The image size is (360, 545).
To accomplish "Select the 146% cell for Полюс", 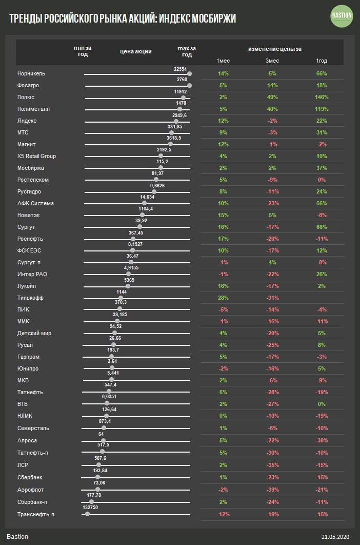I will [x=322, y=98].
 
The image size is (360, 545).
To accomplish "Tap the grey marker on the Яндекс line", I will [x=176, y=122].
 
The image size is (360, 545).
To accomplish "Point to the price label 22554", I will [x=181, y=69].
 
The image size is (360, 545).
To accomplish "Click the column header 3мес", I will [x=272, y=61].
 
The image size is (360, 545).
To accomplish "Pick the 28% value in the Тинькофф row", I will [x=223, y=298].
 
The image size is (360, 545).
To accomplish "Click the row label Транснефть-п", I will [x=35, y=514].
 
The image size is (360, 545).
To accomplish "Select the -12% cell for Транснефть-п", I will [x=223, y=514].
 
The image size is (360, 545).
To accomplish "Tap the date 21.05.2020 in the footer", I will [x=335, y=537].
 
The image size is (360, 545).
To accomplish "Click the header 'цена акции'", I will [x=136, y=51].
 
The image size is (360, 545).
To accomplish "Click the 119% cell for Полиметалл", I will [x=322, y=109].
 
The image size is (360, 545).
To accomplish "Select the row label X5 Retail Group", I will [x=36, y=157].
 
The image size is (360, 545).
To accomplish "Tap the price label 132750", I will [x=90, y=507].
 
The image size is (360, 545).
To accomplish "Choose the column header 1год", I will [x=322, y=61].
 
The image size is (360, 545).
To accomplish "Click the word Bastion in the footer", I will [x=17, y=537].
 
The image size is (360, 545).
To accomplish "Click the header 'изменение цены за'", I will [x=274, y=49].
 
